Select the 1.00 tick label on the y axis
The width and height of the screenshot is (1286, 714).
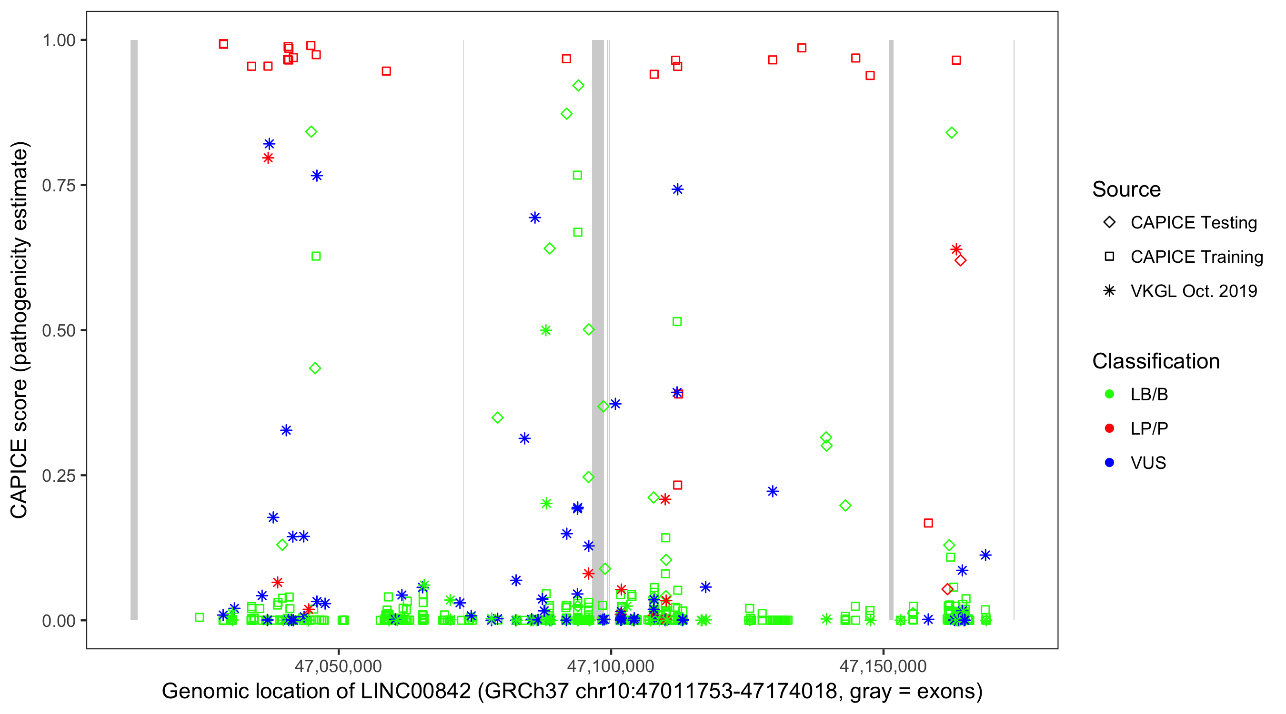pos(59,40)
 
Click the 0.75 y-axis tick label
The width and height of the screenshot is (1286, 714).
pos(59,186)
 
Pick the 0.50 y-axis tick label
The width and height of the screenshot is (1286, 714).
pos(59,331)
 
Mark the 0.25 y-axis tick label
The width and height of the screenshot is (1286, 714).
pos(59,476)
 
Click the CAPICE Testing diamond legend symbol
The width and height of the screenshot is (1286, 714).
pos(1109,223)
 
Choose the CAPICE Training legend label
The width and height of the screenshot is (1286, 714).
pos(1196,257)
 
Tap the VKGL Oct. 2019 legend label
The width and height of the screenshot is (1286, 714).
pos(1194,291)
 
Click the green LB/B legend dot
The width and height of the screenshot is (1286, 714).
pos(1109,394)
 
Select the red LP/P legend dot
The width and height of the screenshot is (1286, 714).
pos(1109,428)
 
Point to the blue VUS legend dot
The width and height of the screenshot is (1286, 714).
pos(1109,463)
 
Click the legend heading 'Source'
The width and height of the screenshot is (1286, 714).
pos(1126,189)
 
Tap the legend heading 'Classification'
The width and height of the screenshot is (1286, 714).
pos(1155,361)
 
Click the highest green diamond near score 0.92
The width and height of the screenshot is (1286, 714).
pos(578,86)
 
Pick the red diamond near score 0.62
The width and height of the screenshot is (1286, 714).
pos(960,260)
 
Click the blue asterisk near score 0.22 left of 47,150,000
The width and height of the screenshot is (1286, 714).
pos(772,491)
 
